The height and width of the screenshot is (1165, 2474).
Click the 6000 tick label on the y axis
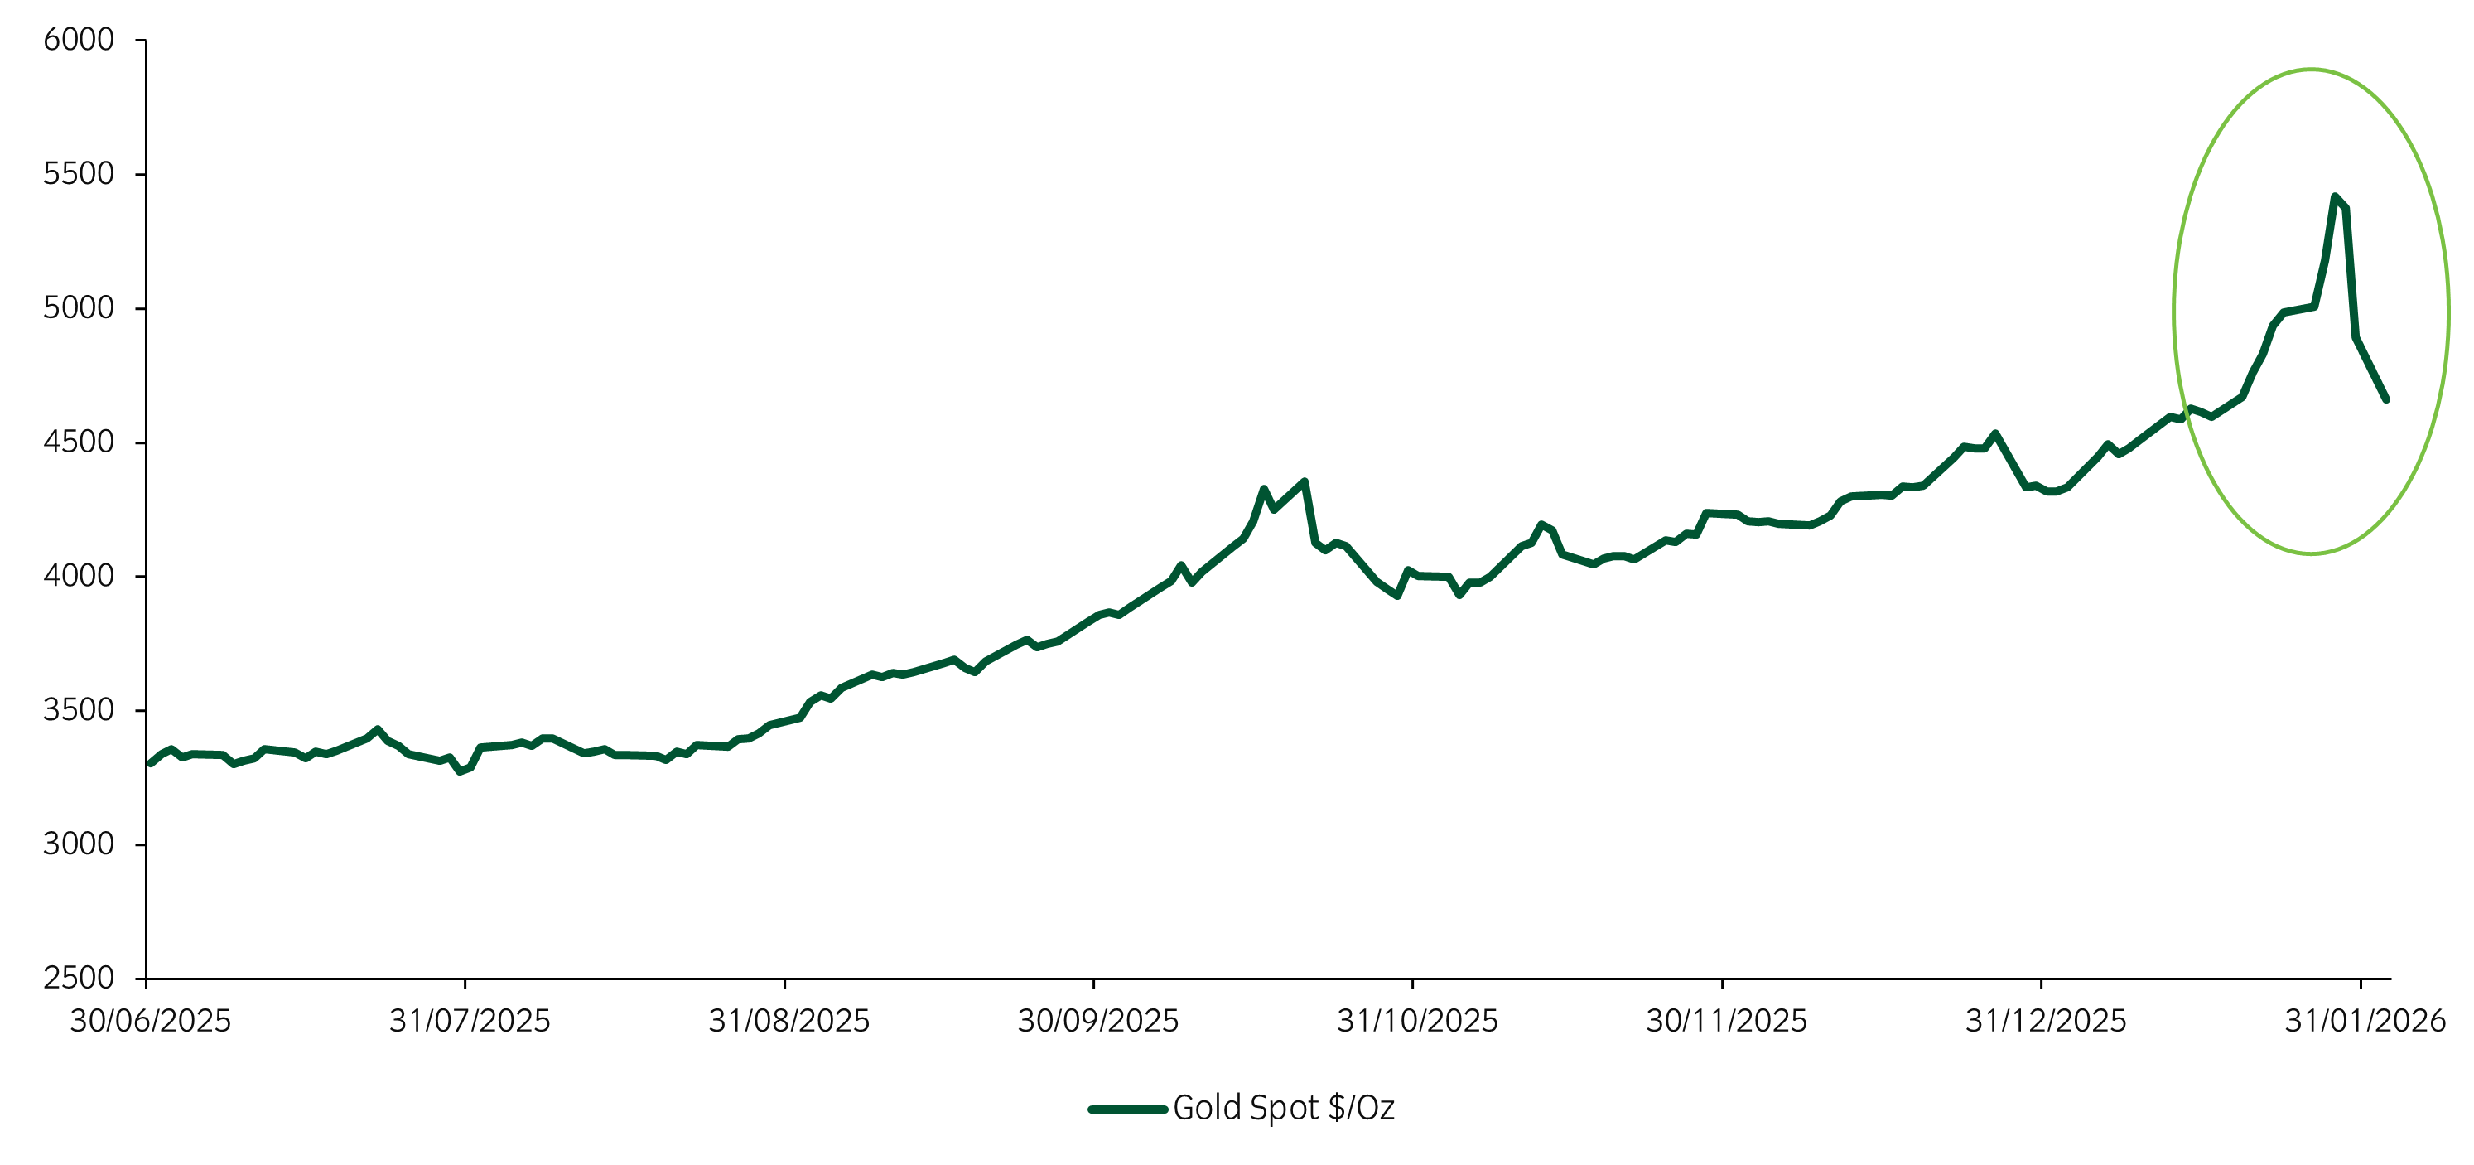pyautogui.click(x=79, y=41)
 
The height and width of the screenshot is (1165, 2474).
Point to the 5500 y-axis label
pyautogui.click(x=79, y=174)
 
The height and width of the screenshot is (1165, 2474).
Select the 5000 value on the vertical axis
pyautogui.click(x=79, y=308)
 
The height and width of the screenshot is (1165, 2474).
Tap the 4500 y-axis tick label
pyautogui.click(x=79, y=442)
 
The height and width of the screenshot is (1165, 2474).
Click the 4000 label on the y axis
pyautogui.click(x=79, y=576)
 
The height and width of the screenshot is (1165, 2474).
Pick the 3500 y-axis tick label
pyautogui.click(x=79, y=710)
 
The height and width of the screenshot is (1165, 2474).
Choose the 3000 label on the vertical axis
pyautogui.click(x=79, y=844)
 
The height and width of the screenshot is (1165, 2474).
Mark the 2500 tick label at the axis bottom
pyautogui.click(x=79, y=978)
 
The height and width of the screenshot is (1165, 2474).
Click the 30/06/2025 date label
pyautogui.click(x=151, y=1021)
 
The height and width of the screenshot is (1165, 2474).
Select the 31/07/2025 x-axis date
pyautogui.click(x=470, y=1021)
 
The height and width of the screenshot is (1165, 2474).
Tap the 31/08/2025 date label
pyautogui.click(x=788, y=1021)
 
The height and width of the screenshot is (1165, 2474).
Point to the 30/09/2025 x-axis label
pyautogui.click(x=1097, y=1021)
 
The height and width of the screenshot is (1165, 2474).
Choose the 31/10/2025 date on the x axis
pyautogui.click(x=1416, y=1021)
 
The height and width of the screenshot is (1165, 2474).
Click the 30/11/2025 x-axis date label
pyautogui.click(x=1726, y=1021)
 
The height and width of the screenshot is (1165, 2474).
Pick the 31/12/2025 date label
pyautogui.click(x=2046, y=1021)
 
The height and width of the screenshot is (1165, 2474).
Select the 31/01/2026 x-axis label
pyautogui.click(x=2365, y=1021)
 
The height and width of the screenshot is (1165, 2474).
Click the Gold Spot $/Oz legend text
pyautogui.click(x=1283, y=1109)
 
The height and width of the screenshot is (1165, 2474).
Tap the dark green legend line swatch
pyautogui.click(x=1127, y=1109)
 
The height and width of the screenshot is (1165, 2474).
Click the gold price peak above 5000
pyautogui.click(x=2335, y=197)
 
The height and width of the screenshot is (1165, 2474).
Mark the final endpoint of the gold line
pyautogui.click(x=2385, y=399)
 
